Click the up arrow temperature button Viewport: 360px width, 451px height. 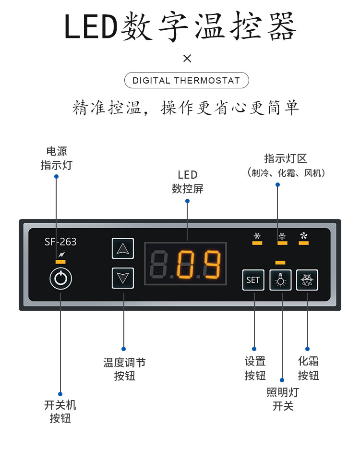(123, 248)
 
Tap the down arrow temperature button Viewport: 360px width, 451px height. (123, 278)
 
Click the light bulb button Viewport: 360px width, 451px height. (281, 280)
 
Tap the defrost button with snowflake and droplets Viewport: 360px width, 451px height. (306, 280)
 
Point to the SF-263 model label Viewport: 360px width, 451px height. (60, 242)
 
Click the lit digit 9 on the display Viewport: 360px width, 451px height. (211, 265)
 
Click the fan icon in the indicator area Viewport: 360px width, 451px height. (303, 235)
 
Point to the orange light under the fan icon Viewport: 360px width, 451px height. (303, 243)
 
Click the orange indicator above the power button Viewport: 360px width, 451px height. (60, 261)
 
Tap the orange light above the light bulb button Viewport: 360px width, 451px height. (280, 262)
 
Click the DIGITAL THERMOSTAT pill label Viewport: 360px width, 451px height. (186, 80)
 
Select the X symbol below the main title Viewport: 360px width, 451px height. (187, 59)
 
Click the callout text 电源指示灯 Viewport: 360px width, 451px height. (56, 158)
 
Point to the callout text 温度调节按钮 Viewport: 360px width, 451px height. (124, 369)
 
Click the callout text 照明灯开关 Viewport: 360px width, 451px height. (283, 399)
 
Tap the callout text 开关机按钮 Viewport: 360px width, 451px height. (60, 412)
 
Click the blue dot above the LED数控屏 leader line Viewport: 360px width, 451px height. (187, 201)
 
